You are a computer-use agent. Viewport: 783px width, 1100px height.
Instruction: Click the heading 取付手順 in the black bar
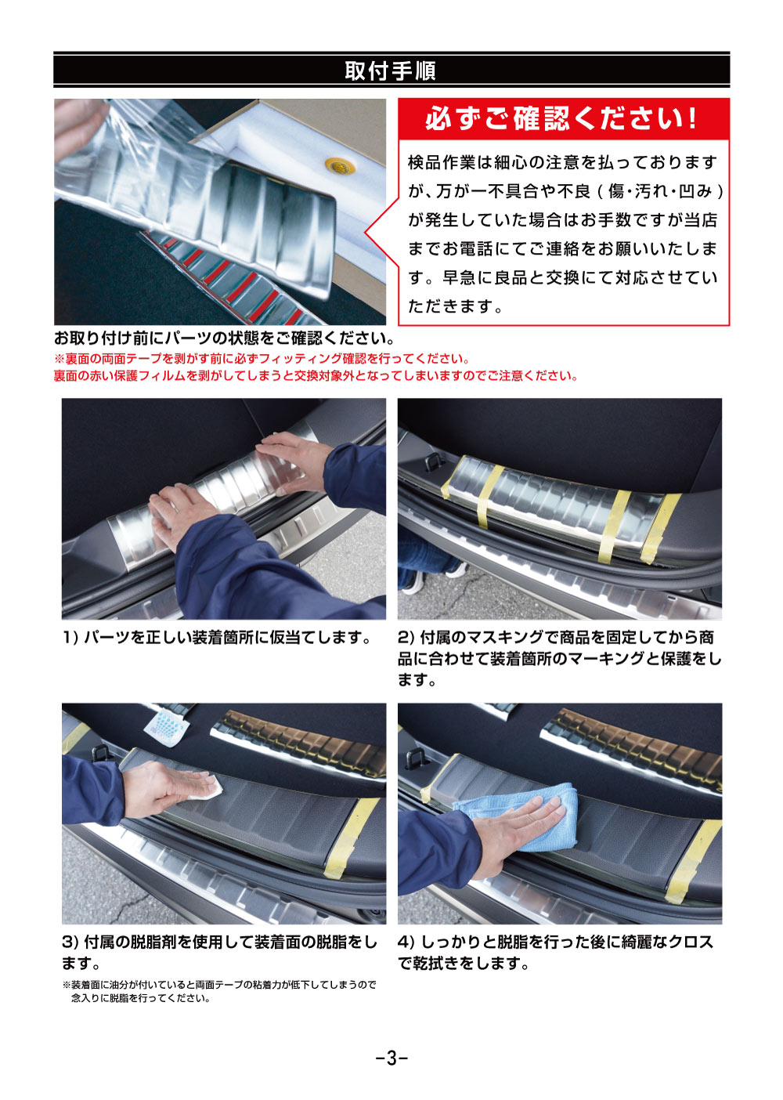point(390,71)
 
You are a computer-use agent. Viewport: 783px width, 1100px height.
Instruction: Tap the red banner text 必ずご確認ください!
point(561,119)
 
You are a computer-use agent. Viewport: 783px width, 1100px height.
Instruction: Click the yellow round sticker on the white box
point(339,165)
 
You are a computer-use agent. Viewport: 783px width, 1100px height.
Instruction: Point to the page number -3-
point(391,1058)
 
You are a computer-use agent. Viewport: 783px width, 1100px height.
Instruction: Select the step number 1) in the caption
point(70,638)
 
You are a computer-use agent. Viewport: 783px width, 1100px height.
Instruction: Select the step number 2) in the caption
point(406,638)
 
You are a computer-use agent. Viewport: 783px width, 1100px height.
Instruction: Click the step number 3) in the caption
point(70,942)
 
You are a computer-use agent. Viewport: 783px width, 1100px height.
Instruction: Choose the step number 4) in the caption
point(406,942)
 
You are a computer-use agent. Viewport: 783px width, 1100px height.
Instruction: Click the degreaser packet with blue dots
point(168,725)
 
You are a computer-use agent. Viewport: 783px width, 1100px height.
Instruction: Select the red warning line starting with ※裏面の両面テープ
point(262,359)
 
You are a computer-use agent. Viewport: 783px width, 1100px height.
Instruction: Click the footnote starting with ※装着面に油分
point(219,985)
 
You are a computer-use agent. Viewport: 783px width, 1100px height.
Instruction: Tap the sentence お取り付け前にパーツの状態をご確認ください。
point(224,338)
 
